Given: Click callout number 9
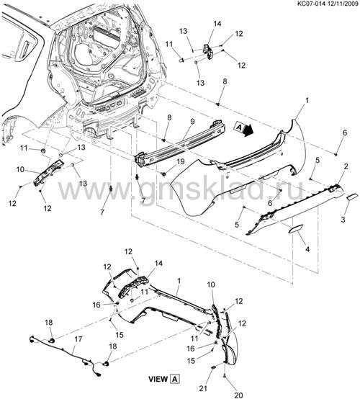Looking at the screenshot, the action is (x=192, y=122).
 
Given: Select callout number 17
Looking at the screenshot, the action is (x=78, y=339).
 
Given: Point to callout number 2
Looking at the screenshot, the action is (x=346, y=166).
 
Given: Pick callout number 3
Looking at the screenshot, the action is (x=343, y=219).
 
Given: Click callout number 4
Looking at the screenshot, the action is (x=307, y=249).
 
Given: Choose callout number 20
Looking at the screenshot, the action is (x=239, y=395).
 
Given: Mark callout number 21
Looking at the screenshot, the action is (x=203, y=389).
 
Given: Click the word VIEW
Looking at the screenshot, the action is (x=158, y=379).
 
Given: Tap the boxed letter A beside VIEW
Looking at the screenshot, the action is (x=175, y=379).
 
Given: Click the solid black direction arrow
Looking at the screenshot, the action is (x=248, y=130).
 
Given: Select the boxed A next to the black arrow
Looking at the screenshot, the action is (x=239, y=127).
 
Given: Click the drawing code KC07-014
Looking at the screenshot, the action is (x=312, y=4).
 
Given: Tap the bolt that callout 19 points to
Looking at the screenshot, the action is (x=163, y=174).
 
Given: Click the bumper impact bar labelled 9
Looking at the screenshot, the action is (x=181, y=143).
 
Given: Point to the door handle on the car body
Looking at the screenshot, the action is (x=25, y=48).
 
